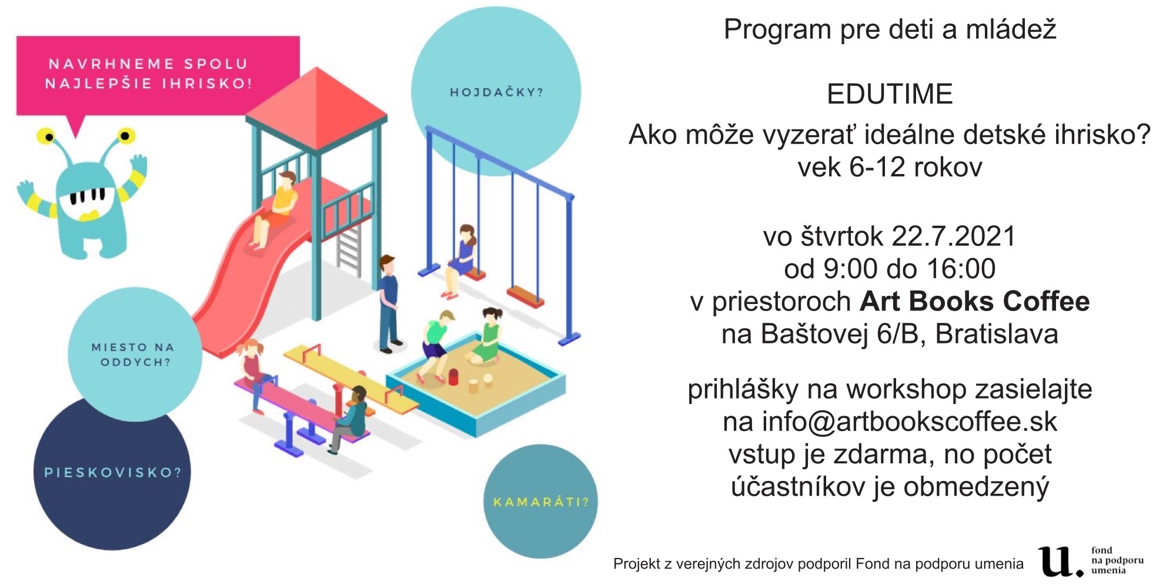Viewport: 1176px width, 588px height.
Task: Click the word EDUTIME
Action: pos(890,94)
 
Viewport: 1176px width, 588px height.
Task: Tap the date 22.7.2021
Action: pos(954,236)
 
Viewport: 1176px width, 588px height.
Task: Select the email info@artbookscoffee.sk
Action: pos(910,422)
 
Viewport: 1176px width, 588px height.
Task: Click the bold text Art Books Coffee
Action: pos(975,301)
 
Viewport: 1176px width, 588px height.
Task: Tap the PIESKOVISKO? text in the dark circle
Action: pos(113,473)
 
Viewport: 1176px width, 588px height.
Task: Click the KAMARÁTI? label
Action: pos(541,502)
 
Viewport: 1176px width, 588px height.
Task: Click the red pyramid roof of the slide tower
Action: pos(316,109)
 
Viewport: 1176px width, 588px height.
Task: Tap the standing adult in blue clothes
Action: pos(388,304)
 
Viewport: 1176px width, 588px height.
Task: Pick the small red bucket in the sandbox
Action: pos(453,376)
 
